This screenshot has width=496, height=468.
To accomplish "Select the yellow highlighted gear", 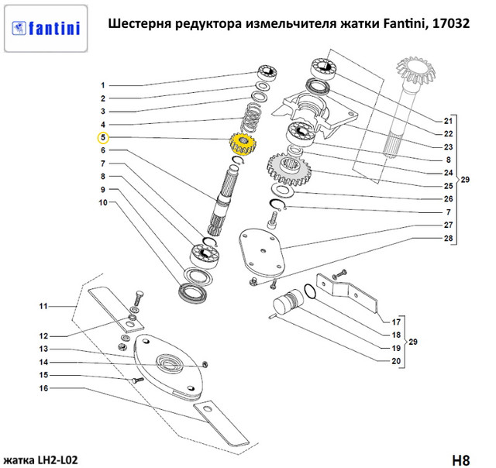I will tap(241, 145).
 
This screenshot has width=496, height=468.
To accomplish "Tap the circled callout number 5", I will tap(102, 139).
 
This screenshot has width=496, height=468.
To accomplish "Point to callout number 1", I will tap(102, 84).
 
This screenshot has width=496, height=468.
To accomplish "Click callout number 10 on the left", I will tap(102, 203).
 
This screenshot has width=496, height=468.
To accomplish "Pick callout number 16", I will tap(44, 387).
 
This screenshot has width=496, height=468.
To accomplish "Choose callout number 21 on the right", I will tap(447, 122).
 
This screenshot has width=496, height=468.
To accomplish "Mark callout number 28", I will tap(447, 238).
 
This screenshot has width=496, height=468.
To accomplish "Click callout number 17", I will tap(395, 322).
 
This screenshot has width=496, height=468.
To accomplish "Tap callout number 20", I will tap(395, 361).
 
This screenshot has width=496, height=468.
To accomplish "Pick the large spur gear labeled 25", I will tap(289, 172).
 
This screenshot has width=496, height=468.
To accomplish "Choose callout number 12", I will tap(44, 336).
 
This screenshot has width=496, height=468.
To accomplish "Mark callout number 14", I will tap(44, 362).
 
